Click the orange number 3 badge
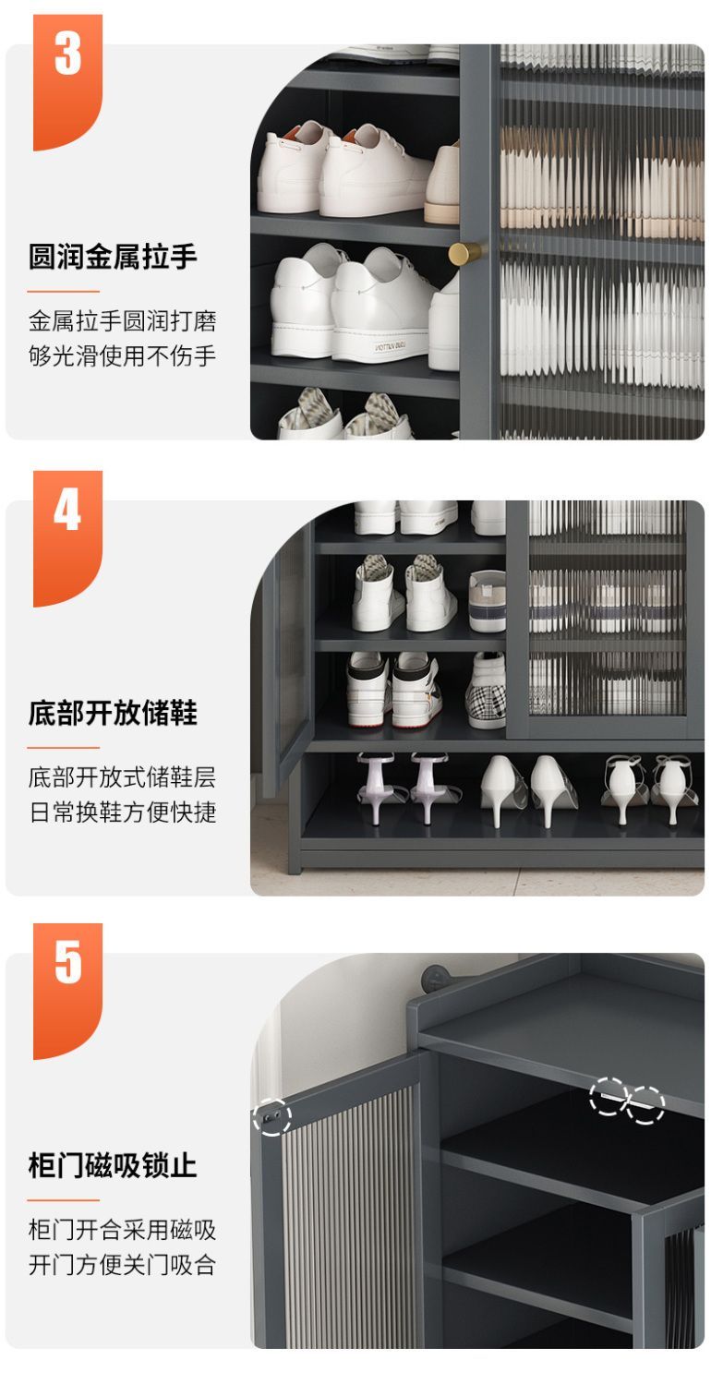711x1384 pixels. coord(67,81)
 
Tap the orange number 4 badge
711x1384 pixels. coord(67,537)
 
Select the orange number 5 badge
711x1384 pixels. coord(67,991)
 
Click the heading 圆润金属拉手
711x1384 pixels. coord(113,257)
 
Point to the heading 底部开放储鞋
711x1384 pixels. coord(113,713)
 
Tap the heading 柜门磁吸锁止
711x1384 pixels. coord(113,1165)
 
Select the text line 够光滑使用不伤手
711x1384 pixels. coord(122,355)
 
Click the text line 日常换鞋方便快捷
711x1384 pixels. coord(122,812)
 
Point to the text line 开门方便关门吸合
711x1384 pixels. coord(122,1265)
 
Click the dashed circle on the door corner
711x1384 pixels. coord(271,1116)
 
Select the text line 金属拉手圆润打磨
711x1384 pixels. coord(122,321)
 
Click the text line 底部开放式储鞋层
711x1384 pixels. coord(122,777)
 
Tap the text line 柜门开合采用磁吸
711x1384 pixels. coord(122,1230)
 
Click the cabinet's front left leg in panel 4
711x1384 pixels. coord(294,814)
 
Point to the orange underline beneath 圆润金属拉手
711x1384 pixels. coord(63,291)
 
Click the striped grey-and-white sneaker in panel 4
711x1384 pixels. coord(488,600)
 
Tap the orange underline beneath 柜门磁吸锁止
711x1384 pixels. coord(63,1200)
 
